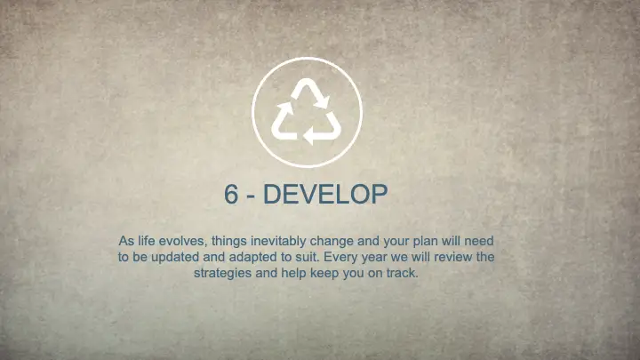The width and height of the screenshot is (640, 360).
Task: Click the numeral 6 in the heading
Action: click(x=231, y=195)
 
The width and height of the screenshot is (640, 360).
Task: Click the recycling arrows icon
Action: click(x=307, y=111)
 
